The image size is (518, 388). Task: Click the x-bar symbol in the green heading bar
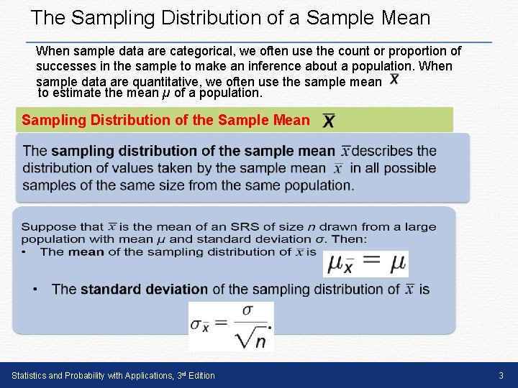pyautogui.click(x=328, y=120)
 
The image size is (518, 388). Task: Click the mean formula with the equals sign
pyautogui.click(x=366, y=264)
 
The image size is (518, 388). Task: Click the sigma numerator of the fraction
pyautogui.click(x=248, y=310)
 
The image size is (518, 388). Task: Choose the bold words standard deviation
pyautogui.click(x=144, y=289)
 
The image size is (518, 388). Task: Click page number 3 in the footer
pyautogui.click(x=501, y=375)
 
